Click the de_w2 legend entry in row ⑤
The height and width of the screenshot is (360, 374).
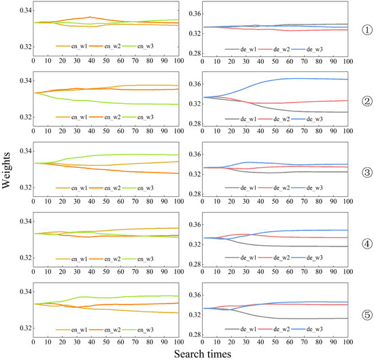(278, 329)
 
